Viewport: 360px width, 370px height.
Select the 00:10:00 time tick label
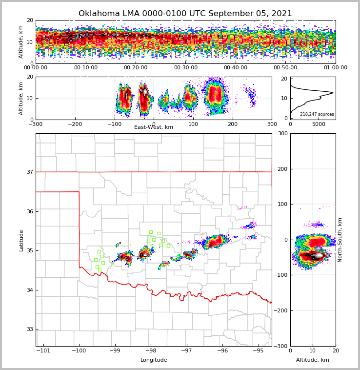click(86, 68)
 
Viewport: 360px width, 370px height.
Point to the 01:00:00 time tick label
click(336, 68)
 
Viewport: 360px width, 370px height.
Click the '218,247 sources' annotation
click(317, 114)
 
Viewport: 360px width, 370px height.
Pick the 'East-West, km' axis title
click(154, 127)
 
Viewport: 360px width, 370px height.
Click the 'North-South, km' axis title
click(340, 240)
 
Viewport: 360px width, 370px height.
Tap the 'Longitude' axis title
click(154, 360)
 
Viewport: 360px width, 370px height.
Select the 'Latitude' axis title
click(21, 240)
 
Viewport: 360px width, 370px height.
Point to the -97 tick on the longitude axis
click(186, 351)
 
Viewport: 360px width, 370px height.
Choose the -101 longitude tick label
click(43, 351)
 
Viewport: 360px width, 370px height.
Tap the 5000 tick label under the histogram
click(319, 124)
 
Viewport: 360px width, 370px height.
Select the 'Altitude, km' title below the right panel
click(313, 360)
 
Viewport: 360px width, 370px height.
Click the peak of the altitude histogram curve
click(333, 93)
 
